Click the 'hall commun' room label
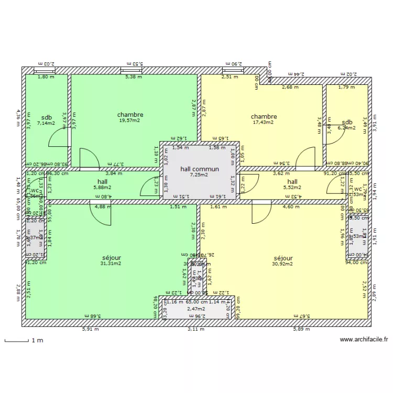point(199,169)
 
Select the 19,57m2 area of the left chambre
point(130,121)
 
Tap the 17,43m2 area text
point(264,123)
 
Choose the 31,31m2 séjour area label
point(111,264)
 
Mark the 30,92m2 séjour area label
point(282,264)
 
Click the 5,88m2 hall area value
point(102,187)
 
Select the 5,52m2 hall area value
point(292,187)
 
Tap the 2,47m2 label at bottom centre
point(196,309)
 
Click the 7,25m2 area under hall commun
point(199,175)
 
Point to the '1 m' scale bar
point(24,341)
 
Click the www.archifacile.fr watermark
point(364,340)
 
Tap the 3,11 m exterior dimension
point(196,330)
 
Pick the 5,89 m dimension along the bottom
point(302,330)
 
